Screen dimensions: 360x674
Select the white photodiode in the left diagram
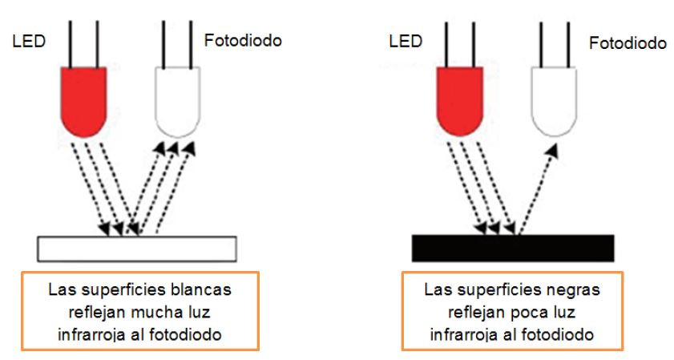[177, 99]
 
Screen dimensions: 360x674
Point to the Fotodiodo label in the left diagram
[244, 40]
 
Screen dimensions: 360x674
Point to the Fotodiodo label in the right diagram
[628, 43]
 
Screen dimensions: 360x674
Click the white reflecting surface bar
[137, 249]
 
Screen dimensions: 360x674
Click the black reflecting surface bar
[513, 248]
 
